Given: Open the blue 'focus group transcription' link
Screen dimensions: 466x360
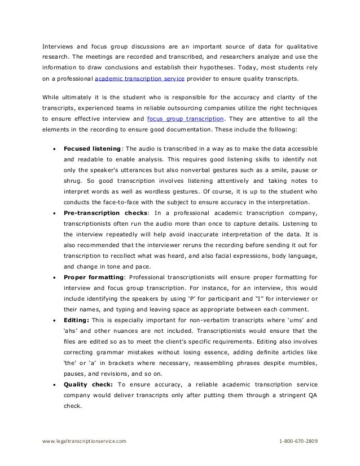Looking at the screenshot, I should (x=185, y=119).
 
